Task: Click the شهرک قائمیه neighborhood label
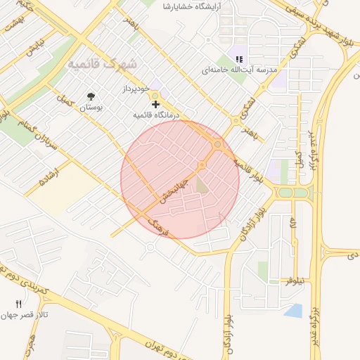coord(103,64)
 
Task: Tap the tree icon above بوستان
coord(91,96)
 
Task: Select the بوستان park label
coord(91,108)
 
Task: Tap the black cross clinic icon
coord(155,104)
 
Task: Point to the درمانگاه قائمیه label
coord(156,115)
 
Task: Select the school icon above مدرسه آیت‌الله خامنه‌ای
coord(239,59)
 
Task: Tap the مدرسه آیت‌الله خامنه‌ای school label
coord(240,70)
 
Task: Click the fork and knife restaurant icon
coord(19,304)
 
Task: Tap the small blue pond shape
coord(294,310)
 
